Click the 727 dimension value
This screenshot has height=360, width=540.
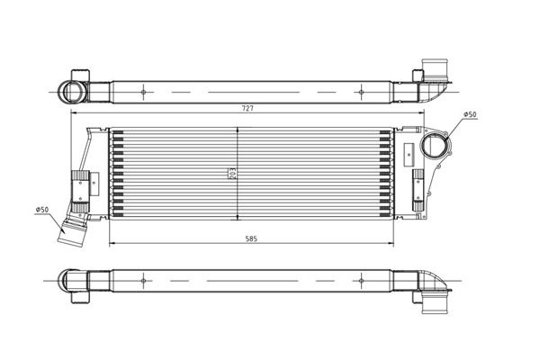point(247,108)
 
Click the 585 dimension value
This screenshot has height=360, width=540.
point(251,238)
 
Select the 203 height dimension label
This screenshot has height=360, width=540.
point(232,174)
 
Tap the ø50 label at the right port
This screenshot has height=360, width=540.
point(470,114)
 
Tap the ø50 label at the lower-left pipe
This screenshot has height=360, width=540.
point(41,210)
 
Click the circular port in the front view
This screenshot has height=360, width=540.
point(435,146)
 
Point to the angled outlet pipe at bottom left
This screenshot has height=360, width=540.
point(73,229)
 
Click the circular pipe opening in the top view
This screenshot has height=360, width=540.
point(71,92)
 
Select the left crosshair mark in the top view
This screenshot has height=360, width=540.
point(144,92)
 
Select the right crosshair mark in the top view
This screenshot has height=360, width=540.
point(361,92)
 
